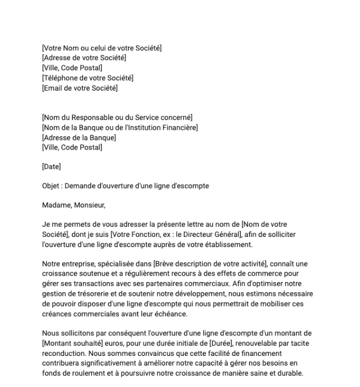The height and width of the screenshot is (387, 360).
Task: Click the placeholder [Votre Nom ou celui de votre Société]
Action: [102, 49]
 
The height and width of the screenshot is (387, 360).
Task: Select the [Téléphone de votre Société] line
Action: [87, 78]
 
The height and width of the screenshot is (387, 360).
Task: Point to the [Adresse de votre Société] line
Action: [84, 58]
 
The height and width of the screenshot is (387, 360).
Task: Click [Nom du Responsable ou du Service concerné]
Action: [117, 117]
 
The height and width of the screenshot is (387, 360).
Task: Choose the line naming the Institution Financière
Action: [119, 128]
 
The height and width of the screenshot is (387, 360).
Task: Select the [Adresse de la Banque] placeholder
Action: [79, 137]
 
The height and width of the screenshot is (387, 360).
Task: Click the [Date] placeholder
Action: [51, 167]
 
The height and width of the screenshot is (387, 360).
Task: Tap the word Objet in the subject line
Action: [51, 186]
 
